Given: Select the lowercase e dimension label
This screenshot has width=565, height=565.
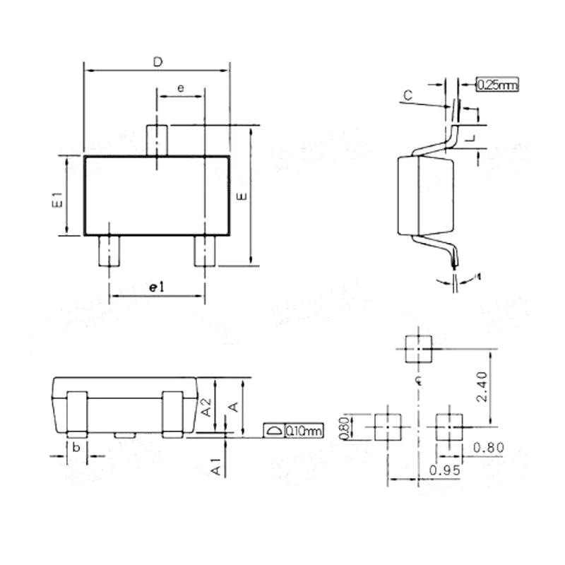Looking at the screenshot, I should click(181, 88).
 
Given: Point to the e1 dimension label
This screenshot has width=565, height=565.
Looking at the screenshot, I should click(156, 287).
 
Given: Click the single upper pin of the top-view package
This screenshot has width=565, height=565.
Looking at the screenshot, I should click(156, 140).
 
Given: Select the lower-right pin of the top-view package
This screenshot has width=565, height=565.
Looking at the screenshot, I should click(205, 251).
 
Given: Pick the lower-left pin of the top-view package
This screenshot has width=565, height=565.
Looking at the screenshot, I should click(109, 251).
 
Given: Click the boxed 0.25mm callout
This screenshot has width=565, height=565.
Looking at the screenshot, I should click(497, 85).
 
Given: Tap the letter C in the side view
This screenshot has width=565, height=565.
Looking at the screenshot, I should click(408, 95).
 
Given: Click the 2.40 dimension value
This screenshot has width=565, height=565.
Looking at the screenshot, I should click(481, 388).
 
